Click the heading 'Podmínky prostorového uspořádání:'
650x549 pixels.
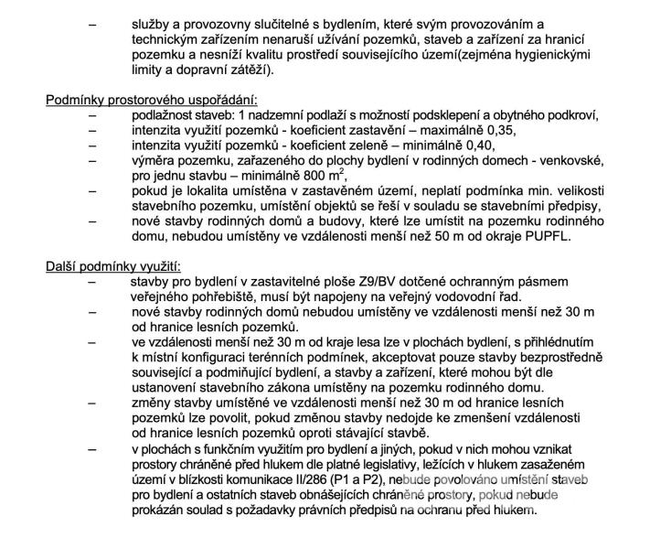coord(152,99)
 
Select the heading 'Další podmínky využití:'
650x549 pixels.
coord(113,266)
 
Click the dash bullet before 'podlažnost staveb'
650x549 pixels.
coord(91,114)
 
